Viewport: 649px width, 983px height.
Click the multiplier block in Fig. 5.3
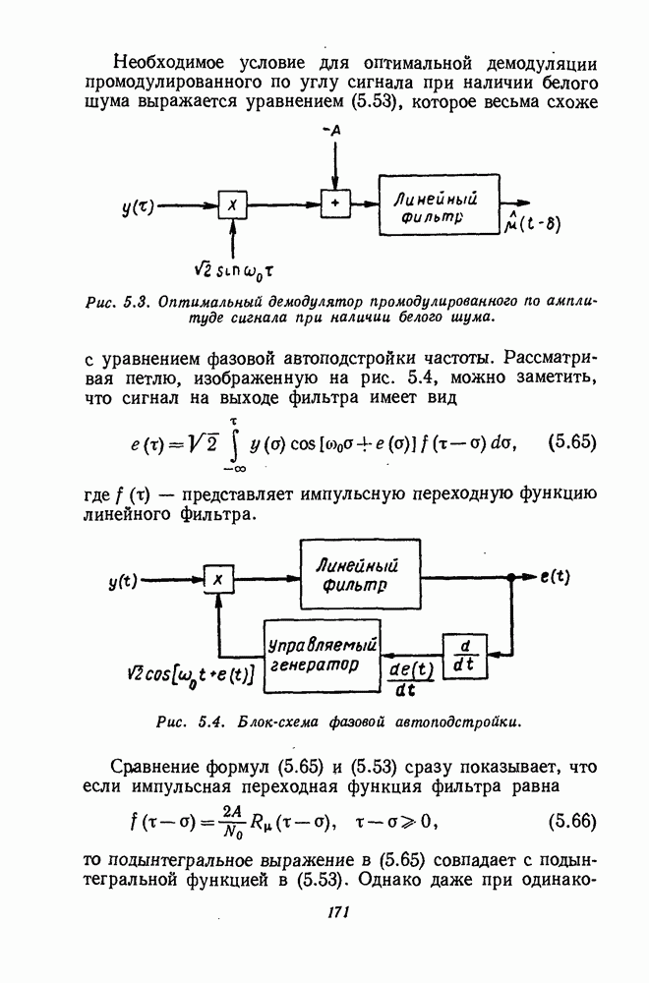pos(232,205)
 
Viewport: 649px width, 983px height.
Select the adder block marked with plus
pos(335,204)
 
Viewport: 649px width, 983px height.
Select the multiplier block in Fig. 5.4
pos(218,581)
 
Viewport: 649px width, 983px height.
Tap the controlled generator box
pos(324,654)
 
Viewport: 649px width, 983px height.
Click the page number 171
pos(338,913)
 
